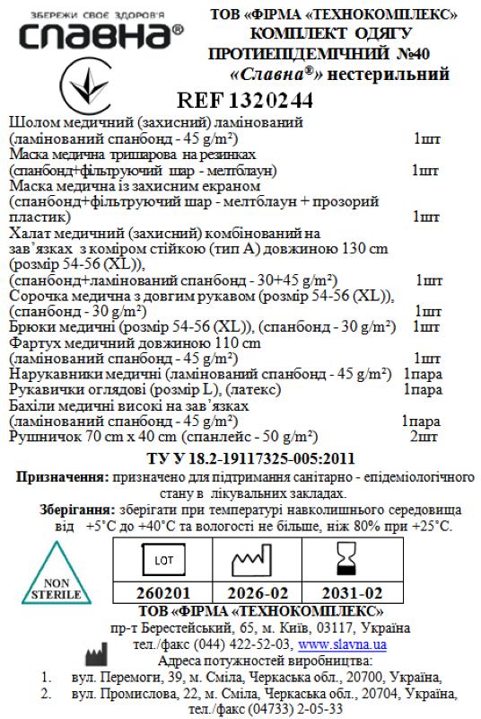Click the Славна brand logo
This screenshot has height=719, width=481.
coord(93,35)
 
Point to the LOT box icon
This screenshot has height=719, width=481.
coord(163,560)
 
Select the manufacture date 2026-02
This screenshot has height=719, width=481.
coord(255,594)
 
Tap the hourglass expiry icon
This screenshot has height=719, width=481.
coord(345,560)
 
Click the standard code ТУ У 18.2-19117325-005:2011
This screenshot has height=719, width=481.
coord(244,461)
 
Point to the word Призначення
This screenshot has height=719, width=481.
coord(61,479)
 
